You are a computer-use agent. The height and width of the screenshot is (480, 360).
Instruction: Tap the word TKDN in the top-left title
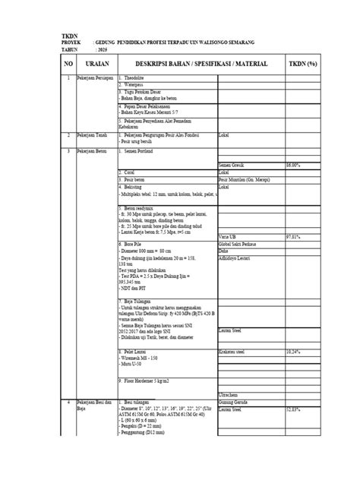[70, 37]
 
